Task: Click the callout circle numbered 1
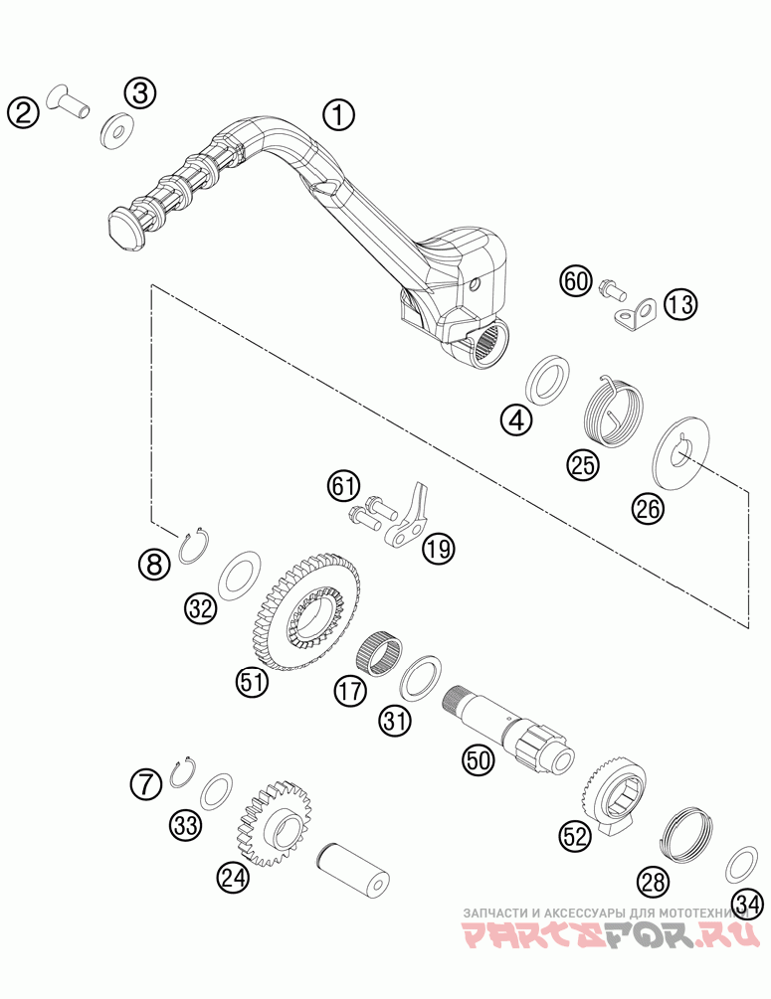tap(337, 115)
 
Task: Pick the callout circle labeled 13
tap(681, 304)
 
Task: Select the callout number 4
tap(515, 420)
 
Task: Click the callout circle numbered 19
tap(437, 546)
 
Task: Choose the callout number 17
tap(349, 691)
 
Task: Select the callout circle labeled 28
tap(652, 880)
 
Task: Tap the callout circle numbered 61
tap(343, 486)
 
